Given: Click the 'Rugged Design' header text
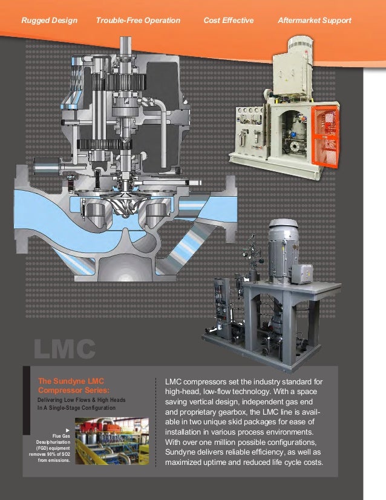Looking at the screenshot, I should coord(50,21).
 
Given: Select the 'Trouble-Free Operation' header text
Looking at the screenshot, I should coord(138,21).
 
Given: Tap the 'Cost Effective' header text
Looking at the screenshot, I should coord(228,21).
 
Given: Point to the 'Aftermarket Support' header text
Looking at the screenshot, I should coord(314,21).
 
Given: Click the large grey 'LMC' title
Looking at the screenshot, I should coord(64,349).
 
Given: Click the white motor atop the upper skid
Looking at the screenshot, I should coord(294,57).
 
